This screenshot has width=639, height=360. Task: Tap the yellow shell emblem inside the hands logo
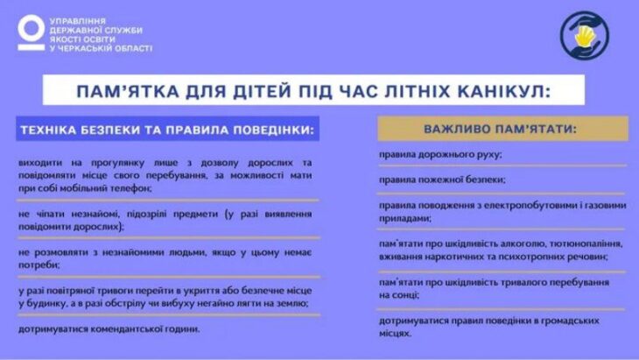click(x=584, y=36)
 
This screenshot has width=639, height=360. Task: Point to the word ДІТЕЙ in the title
click(x=262, y=91)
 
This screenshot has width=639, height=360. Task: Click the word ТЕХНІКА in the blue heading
click(x=48, y=130)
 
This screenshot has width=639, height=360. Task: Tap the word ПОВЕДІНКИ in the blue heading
click(x=273, y=130)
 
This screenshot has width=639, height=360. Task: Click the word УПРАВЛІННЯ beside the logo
click(x=78, y=21)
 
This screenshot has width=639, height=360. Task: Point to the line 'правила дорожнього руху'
click(x=440, y=155)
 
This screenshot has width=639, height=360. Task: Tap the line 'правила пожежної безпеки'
click(x=442, y=180)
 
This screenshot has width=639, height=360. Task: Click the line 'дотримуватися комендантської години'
click(x=109, y=329)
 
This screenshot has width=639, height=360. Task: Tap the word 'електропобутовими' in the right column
click(x=529, y=206)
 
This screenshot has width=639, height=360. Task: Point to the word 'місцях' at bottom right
click(x=395, y=334)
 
